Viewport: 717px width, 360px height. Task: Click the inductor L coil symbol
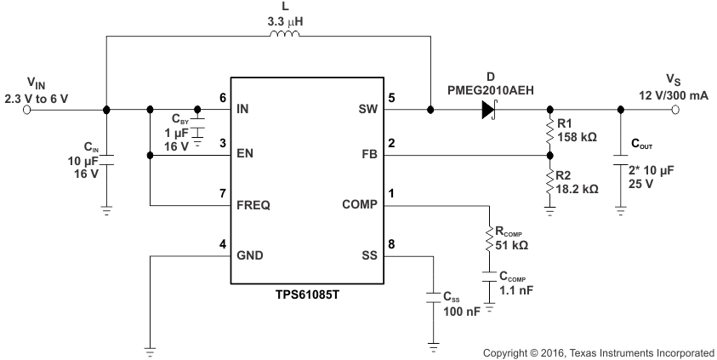[284, 35]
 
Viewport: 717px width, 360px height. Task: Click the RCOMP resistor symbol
[489, 239]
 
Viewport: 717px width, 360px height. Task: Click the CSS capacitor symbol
[434, 295]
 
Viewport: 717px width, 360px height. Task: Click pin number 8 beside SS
[390, 243]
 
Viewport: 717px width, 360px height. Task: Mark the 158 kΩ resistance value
[578, 136]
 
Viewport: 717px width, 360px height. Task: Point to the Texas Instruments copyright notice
[598, 351]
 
